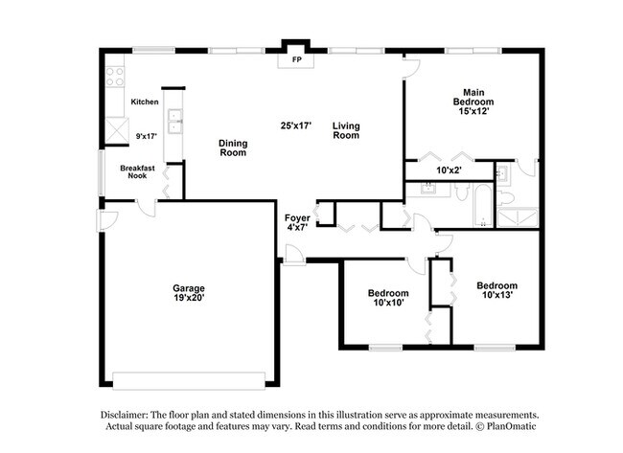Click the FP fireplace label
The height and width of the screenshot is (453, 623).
coord(297,59)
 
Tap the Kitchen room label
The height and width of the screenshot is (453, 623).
coord(145,102)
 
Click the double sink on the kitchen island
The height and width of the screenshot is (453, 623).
coord(174,121)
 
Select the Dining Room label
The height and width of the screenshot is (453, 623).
coord(233,147)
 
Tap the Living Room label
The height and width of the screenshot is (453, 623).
coord(346,130)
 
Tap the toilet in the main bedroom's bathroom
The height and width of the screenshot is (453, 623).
coord(503,175)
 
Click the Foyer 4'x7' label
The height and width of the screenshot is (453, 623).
coord(297,223)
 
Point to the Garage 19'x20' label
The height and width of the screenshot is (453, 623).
coord(188,293)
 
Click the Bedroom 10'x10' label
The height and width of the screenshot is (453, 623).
coord(388,298)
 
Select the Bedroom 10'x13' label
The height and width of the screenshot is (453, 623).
coord(496,290)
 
